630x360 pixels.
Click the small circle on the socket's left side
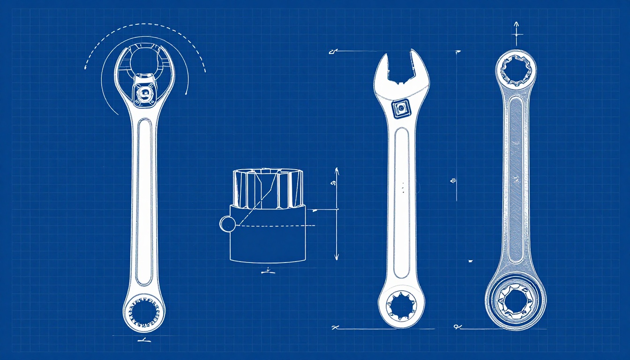(226, 224)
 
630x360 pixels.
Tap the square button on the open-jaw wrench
(400, 108)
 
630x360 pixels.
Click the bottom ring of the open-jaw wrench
(401, 306)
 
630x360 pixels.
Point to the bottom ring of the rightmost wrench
(516, 300)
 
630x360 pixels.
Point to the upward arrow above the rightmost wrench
(516, 24)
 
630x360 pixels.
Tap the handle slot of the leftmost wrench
(144, 202)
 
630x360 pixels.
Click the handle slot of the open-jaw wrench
(402, 202)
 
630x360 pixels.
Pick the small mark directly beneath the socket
(268, 270)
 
